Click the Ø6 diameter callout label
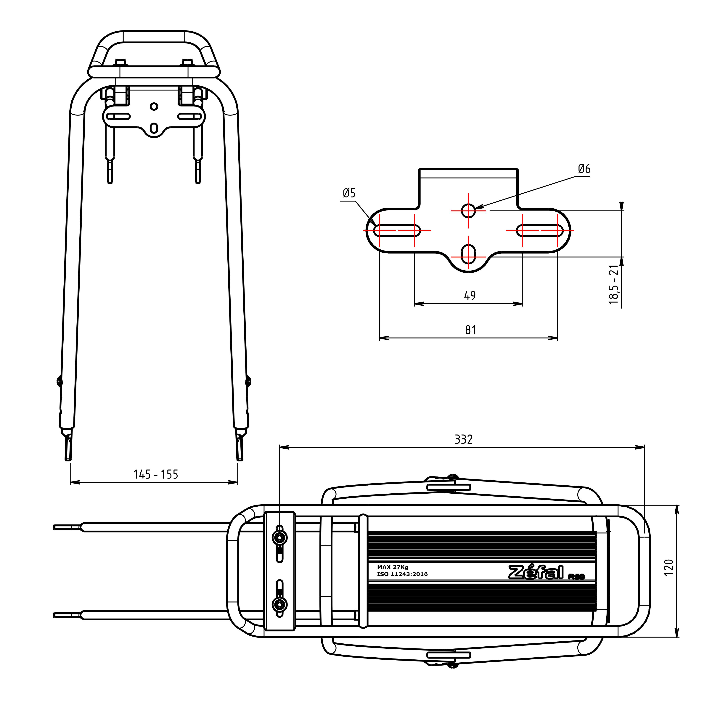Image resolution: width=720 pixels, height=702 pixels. click(x=584, y=169)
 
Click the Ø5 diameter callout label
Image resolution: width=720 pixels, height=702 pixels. click(x=349, y=193)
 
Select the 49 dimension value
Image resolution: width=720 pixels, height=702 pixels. click(x=470, y=295)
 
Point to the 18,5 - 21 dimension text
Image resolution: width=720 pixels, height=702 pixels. click(x=613, y=284)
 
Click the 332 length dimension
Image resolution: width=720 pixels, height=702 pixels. click(x=463, y=439)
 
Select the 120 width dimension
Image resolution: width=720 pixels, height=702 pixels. click(x=668, y=567)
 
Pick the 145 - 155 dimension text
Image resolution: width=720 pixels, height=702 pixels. click(x=156, y=474)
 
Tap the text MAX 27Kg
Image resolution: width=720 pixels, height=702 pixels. click(x=393, y=567)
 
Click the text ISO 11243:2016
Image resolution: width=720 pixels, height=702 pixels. click(x=402, y=574)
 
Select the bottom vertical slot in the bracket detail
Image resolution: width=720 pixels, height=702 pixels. click(x=468, y=254)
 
